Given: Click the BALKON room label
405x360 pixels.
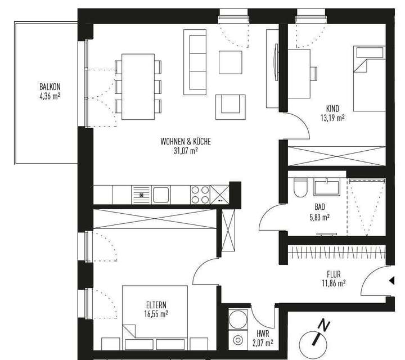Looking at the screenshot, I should point(49,87).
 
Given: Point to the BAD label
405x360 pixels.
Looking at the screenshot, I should point(319,207).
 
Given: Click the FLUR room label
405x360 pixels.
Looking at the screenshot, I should point(334,275).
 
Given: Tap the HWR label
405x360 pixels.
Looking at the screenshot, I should point(261,334).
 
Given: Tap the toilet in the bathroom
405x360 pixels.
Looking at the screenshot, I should point(300,187).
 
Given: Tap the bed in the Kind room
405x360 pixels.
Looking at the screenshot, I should point(369,79).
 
